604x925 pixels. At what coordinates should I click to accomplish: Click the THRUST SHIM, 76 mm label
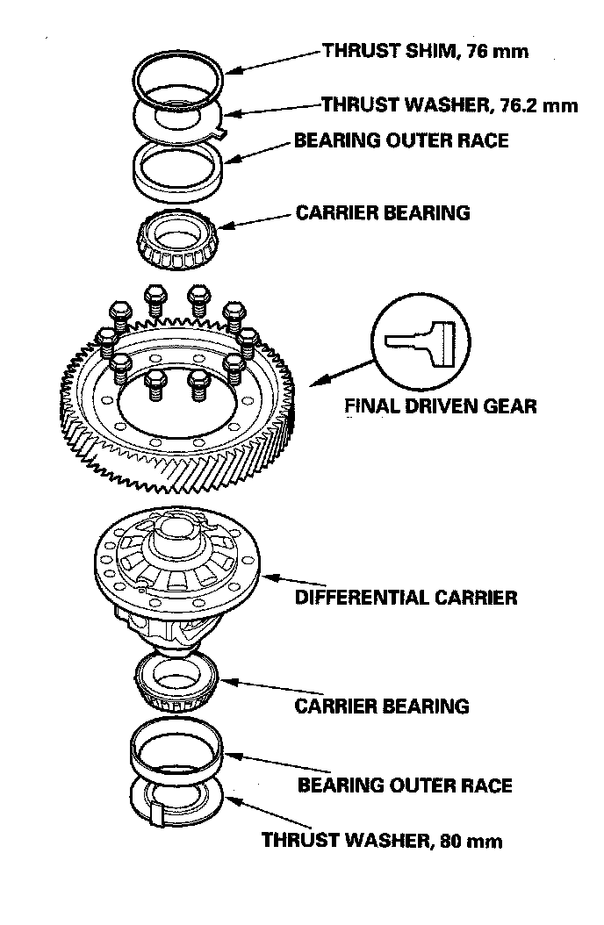click(x=425, y=51)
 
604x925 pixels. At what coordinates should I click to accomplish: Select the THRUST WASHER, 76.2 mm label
click(x=449, y=105)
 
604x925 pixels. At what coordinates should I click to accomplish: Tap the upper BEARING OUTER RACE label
click(x=401, y=140)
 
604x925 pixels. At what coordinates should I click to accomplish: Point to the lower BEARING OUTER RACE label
click(x=405, y=785)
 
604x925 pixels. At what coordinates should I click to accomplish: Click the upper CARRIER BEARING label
click(x=383, y=212)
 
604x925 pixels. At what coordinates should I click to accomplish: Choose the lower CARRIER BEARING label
click(x=382, y=706)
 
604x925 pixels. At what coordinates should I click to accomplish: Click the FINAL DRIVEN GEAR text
click(x=440, y=406)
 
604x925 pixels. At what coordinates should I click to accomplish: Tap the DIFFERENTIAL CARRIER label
click(x=406, y=599)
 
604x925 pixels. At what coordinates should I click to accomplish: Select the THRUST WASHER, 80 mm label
click(x=382, y=841)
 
